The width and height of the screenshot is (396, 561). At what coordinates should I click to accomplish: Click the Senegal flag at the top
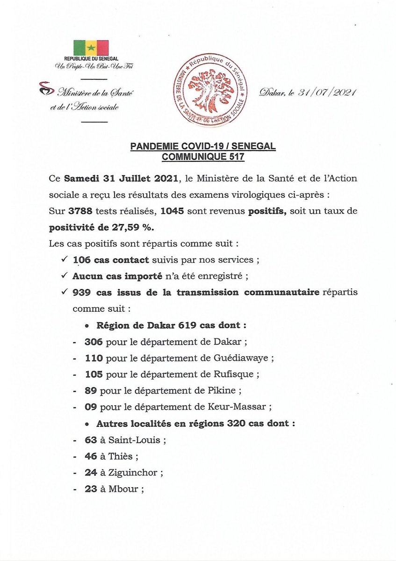pos(91,48)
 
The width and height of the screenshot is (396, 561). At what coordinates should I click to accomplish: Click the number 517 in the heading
pos(236,158)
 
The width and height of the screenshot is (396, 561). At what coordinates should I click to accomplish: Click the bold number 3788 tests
pos(75,211)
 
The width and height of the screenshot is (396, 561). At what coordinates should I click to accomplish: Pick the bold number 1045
pos(172,211)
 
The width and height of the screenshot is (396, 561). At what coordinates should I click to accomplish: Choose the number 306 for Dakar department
pos(94,342)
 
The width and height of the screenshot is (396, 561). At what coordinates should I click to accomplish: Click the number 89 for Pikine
pos(91,391)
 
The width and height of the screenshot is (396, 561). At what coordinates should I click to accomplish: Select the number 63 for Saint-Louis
pos(91,440)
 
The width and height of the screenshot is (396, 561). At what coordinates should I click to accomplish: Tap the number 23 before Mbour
pos(91,489)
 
